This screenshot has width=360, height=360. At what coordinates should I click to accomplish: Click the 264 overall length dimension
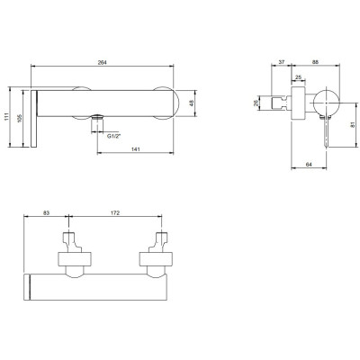[103, 62]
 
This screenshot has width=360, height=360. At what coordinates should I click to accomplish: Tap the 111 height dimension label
[6, 117]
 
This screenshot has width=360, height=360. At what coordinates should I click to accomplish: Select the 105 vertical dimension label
[20, 118]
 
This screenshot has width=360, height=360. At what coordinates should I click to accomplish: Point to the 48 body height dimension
[192, 103]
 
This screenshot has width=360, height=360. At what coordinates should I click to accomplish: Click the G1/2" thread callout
[114, 136]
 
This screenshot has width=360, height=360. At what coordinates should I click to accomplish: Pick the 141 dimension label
[136, 149]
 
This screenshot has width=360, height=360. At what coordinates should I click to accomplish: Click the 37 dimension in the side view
[281, 62]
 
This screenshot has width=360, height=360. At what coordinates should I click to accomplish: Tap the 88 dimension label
[315, 62]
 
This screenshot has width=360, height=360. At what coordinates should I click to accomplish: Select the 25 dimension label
[298, 77]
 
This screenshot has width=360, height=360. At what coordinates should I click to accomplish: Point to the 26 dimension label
[256, 103]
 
